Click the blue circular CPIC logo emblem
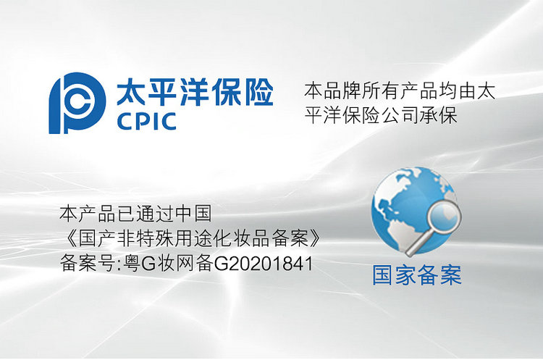77,103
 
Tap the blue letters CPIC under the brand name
146,121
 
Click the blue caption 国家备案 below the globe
417,275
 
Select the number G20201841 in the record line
264,264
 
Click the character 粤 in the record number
132,264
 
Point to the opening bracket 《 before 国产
69,239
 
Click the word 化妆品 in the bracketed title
241,239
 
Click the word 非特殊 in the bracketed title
145,239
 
